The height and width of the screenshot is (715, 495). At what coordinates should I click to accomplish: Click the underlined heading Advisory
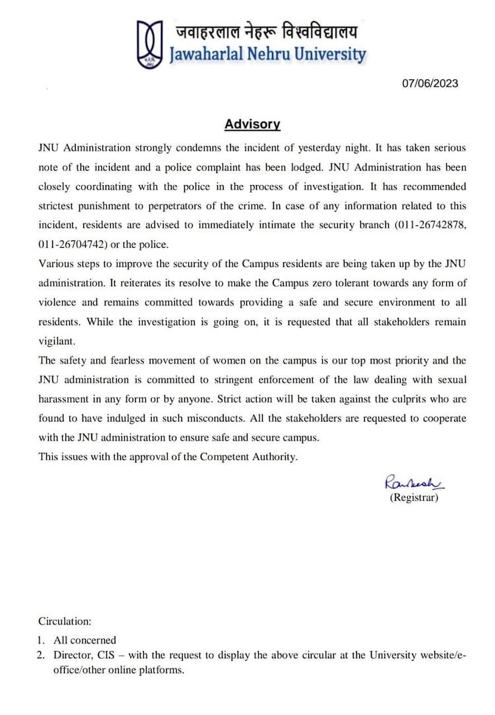[x=252, y=124]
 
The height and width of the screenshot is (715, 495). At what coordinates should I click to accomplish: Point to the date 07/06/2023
[x=430, y=83]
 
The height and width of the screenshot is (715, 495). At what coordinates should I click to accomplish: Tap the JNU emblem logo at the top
[x=150, y=43]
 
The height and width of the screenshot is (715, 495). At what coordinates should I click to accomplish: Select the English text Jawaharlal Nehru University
[x=267, y=54]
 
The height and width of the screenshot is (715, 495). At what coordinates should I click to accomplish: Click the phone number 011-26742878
[x=430, y=225]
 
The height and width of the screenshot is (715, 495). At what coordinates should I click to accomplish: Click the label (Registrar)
[x=414, y=498]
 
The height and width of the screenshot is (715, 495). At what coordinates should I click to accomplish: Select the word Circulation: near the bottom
[x=65, y=621]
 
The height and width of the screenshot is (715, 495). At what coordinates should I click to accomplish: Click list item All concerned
[x=84, y=640]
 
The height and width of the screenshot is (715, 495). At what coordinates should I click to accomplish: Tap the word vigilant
[x=57, y=341]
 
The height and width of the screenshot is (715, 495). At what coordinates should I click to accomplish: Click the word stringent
[x=243, y=380]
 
